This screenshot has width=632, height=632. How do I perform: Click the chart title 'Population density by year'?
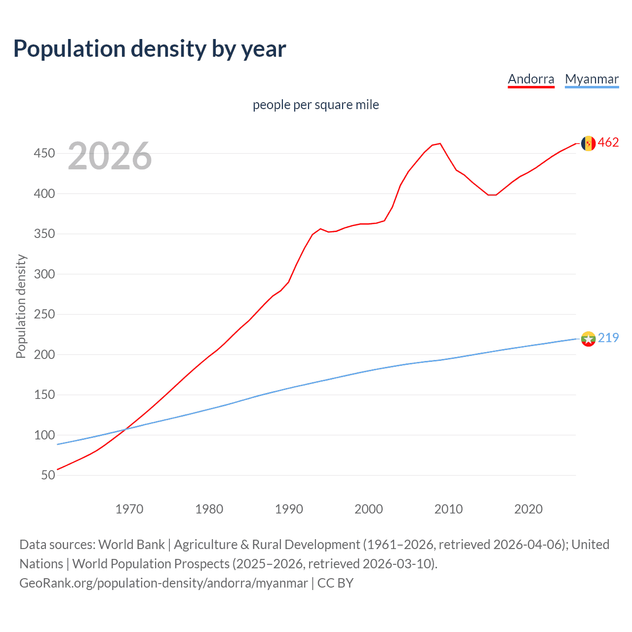pos(150,49)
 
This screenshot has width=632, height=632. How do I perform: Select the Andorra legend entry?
pos(531,79)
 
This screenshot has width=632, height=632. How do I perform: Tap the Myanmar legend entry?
pos(592,79)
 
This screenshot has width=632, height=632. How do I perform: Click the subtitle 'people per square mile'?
pos(316,105)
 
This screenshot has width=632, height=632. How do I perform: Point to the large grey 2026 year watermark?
pos(110,156)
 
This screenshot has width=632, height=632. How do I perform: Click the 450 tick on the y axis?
pos(44,154)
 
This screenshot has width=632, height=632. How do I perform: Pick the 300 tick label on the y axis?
pos(44,274)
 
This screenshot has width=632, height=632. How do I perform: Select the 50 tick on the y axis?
pos(48,475)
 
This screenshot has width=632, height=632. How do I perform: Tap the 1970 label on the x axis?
pos(129,509)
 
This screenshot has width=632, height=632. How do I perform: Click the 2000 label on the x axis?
pos(368,509)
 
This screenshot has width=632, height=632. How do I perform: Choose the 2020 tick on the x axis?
pos(528,509)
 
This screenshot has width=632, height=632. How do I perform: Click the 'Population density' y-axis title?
pos(21,306)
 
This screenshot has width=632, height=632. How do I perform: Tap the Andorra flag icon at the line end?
pos(588,143)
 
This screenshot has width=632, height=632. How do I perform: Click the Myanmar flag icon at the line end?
pos(588,339)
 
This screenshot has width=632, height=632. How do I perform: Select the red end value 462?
pos(608,143)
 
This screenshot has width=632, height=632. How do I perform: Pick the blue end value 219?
pos(608,338)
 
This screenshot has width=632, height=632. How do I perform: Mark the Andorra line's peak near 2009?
pos(440,144)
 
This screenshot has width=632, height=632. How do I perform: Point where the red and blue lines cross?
pos(125,429)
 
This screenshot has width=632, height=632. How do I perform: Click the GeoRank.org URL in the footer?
pos(163,583)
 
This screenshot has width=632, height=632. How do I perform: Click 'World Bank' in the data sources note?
pos(131,545)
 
